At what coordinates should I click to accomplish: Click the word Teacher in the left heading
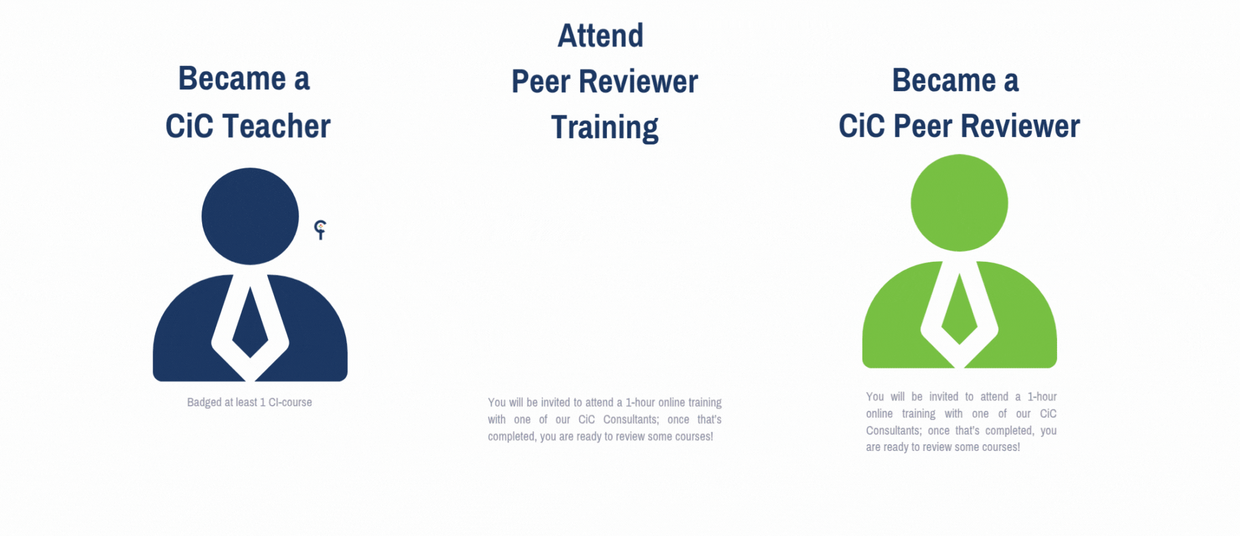click(x=277, y=126)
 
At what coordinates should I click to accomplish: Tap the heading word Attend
click(x=600, y=35)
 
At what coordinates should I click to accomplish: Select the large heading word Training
click(x=604, y=128)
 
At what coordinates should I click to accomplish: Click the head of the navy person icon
click(x=250, y=216)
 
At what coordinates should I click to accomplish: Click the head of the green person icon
click(x=959, y=203)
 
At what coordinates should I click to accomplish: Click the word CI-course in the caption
click(x=290, y=403)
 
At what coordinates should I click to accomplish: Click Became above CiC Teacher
click(x=232, y=79)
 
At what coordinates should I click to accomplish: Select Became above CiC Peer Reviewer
click(x=944, y=81)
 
